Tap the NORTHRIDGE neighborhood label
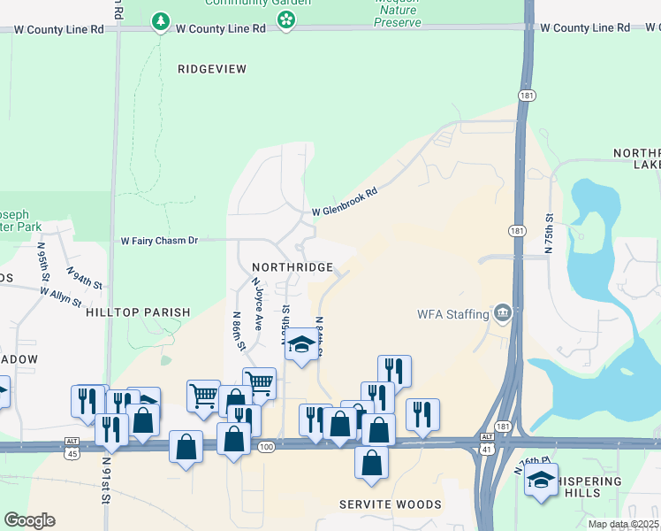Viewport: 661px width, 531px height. click(293, 266)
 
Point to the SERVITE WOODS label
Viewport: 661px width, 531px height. click(391, 504)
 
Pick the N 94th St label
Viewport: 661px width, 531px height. click(88, 281)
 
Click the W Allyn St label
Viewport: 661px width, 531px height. click(60, 296)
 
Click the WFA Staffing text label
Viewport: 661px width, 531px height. click(453, 314)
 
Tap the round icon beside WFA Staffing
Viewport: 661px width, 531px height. click(503, 313)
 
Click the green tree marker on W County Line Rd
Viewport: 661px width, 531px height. click(160, 21)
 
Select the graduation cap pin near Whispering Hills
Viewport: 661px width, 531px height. click(541, 481)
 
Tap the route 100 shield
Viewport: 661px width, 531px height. click(266, 449)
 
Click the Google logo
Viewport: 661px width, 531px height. click(29, 520)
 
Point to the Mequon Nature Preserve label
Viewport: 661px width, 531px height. click(398, 14)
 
